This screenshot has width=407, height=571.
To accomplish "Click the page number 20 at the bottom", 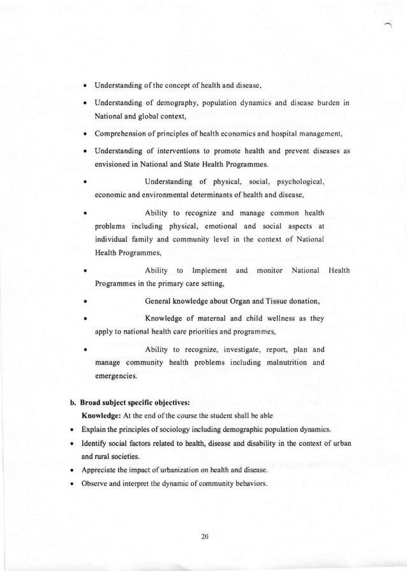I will coord(204,537).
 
